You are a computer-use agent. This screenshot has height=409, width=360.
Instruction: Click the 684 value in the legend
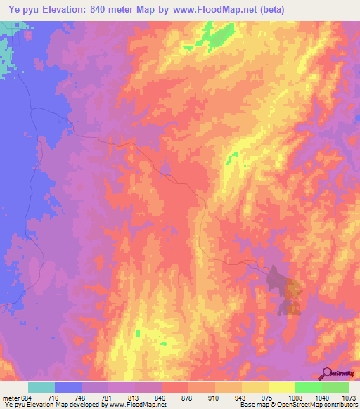coord(23,397)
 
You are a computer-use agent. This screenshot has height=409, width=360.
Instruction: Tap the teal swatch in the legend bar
coord(41,387)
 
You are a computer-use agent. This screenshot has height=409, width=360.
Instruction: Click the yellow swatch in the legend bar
coord(281,387)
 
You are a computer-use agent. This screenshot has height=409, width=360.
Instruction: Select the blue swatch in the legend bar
coord(68,387)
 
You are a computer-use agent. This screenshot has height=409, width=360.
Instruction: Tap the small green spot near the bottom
coord(165,344)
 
